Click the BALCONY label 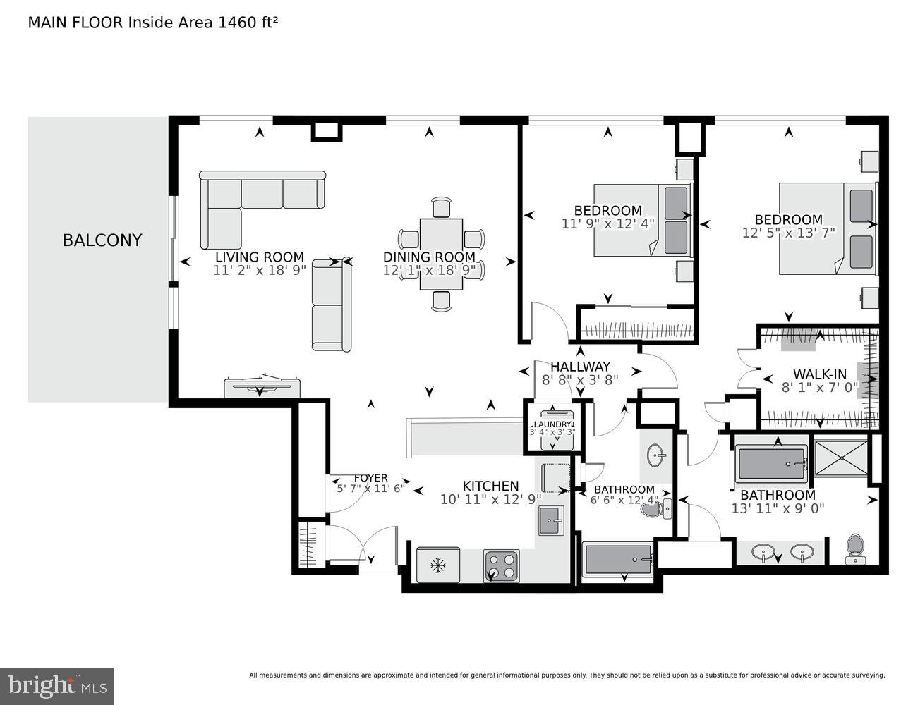[x=102, y=240]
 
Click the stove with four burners [x=502, y=565]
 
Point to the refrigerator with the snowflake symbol [x=438, y=565]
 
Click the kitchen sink [x=551, y=522]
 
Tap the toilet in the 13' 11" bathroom [x=854, y=548]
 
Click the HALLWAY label [x=580, y=367]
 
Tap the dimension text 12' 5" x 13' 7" [x=788, y=232]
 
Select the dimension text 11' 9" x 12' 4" [x=607, y=223]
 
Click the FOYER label [x=370, y=478]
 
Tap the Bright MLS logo [x=57, y=685]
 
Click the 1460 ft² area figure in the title [x=248, y=23]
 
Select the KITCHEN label [x=490, y=486]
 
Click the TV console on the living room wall [x=262, y=387]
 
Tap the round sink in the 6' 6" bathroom [x=657, y=455]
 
